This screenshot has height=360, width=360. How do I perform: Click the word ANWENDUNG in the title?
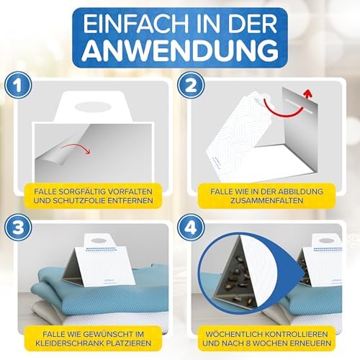point(180,51)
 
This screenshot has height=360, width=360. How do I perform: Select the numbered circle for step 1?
point(18,86)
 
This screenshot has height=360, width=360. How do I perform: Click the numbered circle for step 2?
point(191,86)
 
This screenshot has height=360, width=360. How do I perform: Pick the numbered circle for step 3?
point(18,228)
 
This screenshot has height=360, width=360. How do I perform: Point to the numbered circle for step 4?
point(191,228)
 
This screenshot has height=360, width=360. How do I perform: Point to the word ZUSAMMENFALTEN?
point(266,201)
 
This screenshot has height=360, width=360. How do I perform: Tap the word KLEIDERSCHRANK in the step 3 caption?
point(69,343)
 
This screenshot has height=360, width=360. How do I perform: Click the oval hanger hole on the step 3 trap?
point(100,239)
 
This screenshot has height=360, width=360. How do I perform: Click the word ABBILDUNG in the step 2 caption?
point(301,192)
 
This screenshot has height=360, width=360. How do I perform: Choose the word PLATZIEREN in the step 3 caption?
point(129,343)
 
